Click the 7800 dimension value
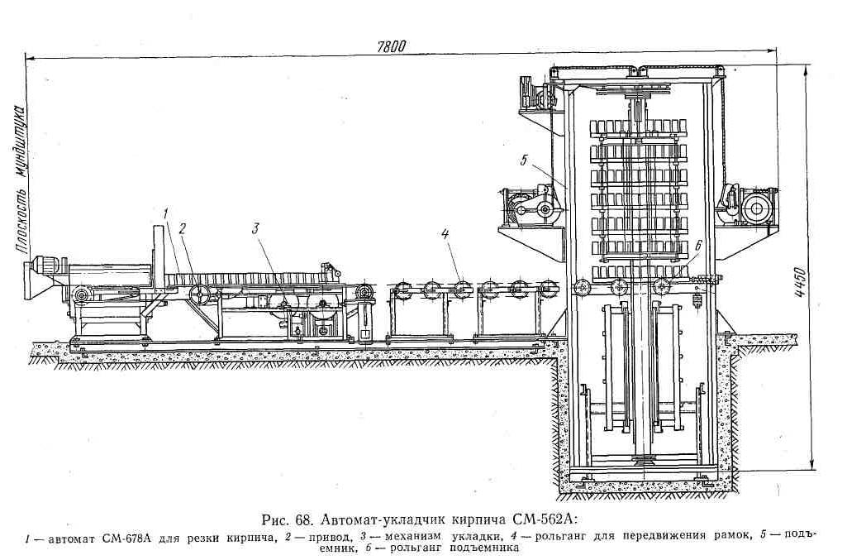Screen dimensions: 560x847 [x=393, y=47]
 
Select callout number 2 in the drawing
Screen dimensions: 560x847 [x=183, y=226]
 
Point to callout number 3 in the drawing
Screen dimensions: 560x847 [x=256, y=226]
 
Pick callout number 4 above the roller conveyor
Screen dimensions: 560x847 [x=445, y=234]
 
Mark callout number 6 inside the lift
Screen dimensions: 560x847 [x=698, y=245]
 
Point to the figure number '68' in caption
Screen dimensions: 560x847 [x=302, y=520]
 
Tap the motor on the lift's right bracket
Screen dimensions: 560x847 [x=755, y=207]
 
